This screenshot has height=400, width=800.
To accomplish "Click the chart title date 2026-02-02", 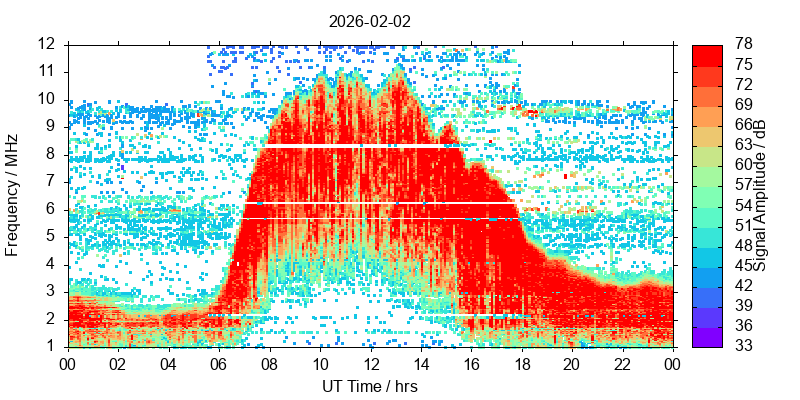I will pyautogui.click(x=369, y=20).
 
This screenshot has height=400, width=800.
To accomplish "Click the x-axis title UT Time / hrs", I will pyautogui.click(x=369, y=386).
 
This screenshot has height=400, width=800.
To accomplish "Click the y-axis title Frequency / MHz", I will pyautogui.click(x=13, y=195).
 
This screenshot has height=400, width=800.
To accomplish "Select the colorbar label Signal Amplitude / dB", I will pyautogui.click(x=761, y=195).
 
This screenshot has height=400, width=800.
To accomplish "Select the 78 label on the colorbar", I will pyautogui.click(x=742, y=44).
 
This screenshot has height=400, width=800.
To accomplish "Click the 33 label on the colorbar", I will pyautogui.click(x=742, y=346).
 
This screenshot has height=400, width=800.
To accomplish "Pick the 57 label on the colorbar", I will pyautogui.click(x=742, y=185).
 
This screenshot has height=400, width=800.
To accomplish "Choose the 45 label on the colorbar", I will pyautogui.click(x=742, y=265).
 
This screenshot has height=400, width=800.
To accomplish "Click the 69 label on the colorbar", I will pyautogui.click(x=742, y=104).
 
